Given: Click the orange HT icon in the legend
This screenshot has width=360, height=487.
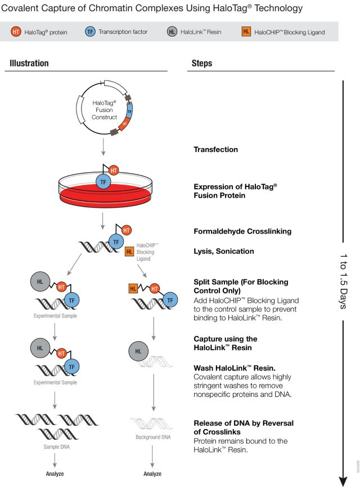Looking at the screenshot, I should coord(16,32).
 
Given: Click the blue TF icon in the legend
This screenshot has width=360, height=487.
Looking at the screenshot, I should coord(91,32).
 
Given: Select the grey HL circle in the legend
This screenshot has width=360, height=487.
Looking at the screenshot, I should coord(172,32).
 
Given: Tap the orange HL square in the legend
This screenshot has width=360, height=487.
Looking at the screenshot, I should coord(246,32).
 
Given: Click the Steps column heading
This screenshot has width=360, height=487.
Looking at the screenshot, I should coord(202,64).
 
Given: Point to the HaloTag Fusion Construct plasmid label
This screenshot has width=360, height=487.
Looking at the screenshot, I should coord(105,110).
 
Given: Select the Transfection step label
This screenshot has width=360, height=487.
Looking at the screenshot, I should coord(215,150).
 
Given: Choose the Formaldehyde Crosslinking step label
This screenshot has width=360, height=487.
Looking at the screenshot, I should coord(242,231).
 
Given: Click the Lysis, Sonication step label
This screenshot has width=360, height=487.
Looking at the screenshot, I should coord(223,251).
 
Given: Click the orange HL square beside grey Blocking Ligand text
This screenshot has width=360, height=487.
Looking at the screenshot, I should coord(129,251).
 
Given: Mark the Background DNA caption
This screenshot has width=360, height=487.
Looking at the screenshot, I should coord(152,437).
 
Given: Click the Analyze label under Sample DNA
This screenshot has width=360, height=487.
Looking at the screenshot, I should coord(55,473).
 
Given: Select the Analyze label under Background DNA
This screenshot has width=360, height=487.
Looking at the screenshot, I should coord(152,473).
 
